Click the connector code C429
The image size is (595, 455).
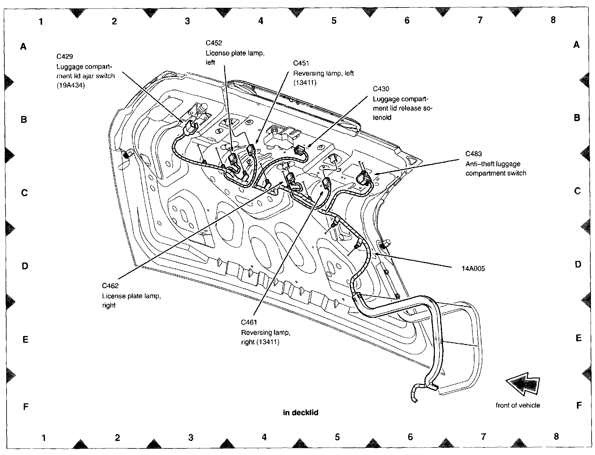(x=65, y=57)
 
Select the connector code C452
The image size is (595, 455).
(x=214, y=43)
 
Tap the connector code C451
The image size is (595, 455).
(x=301, y=63)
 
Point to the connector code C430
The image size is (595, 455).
(x=381, y=89)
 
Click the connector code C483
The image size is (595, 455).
(x=474, y=154)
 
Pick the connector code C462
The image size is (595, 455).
(x=110, y=286)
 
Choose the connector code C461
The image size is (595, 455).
(x=249, y=322)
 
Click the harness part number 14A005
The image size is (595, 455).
(x=473, y=268)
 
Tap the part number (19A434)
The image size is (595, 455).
(x=71, y=85)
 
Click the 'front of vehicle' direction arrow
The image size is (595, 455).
(x=523, y=384)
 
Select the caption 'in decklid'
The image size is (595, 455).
(x=301, y=412)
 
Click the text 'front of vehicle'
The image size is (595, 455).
(x=518, y=405)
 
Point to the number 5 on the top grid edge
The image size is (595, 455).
(x=334, y=21)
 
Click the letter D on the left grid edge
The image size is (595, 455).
(x=25, y=266)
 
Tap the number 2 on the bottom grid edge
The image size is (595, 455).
(x=117, y=437)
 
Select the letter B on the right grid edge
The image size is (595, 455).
(x=577, y=118)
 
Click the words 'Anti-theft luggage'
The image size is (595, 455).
(x=493, y=164)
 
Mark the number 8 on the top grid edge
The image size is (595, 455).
(x=553, y=20)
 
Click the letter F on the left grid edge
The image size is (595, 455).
(x=26, y=407)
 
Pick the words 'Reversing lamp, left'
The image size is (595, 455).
(x=323, y=73)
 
